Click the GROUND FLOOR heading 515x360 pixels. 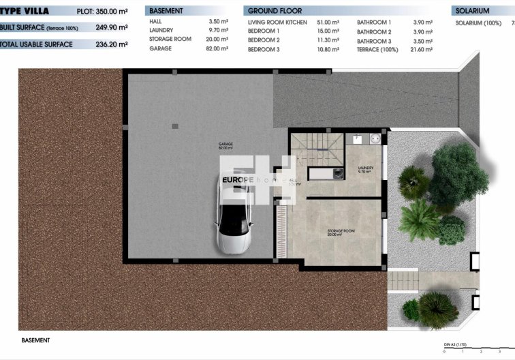275,12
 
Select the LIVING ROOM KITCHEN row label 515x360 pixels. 277,22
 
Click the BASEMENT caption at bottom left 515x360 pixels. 36,340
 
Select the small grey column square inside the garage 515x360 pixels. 175,125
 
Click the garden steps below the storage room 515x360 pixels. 402,279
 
